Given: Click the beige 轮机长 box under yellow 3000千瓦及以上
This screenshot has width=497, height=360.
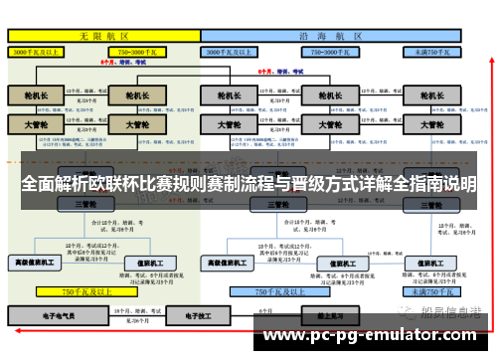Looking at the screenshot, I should [x=36, y=96].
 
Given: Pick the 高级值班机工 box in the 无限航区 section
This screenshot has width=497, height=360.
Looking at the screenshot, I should [x=34, y=263].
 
